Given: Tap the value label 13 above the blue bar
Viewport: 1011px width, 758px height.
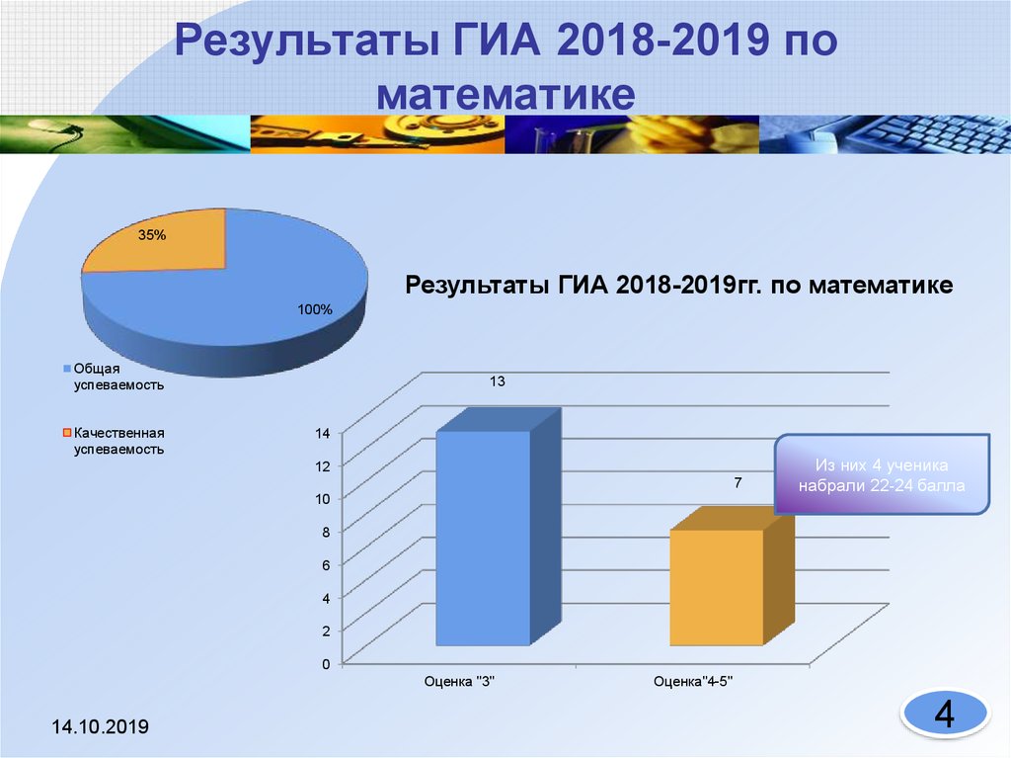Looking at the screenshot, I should click(498, 380).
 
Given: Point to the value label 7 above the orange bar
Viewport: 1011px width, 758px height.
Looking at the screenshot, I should click(737, 483).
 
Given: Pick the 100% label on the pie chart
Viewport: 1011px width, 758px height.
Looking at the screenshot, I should click(316, 309).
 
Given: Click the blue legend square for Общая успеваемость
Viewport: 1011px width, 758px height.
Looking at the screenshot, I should click(67, 369).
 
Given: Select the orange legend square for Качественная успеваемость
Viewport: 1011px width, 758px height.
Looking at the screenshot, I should click(67, 433).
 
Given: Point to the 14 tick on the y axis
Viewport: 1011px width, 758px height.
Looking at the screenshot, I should click(322, 432).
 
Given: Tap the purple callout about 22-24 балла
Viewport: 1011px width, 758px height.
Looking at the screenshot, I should click(883, 475).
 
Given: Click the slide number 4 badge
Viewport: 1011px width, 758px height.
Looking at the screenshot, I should click(944, 714).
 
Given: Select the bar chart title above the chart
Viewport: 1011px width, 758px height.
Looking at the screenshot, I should click(679, 286).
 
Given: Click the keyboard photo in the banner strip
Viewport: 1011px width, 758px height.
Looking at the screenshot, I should click(889, 133).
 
